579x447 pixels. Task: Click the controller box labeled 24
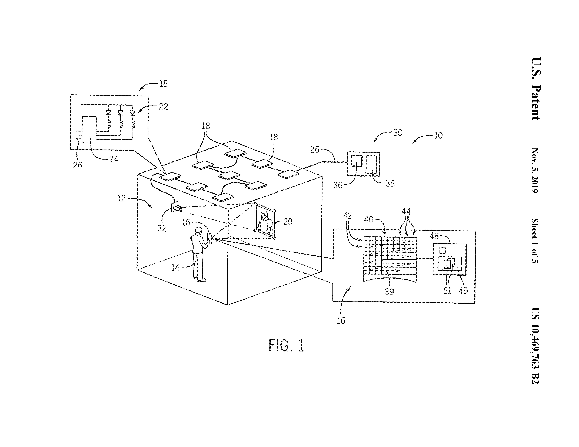89,129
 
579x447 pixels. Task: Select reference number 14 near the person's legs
175,267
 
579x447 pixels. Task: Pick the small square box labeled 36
357,161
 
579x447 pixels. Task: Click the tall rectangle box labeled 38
371,165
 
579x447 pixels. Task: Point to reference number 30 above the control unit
398,132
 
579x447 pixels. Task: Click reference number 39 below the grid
389,292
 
